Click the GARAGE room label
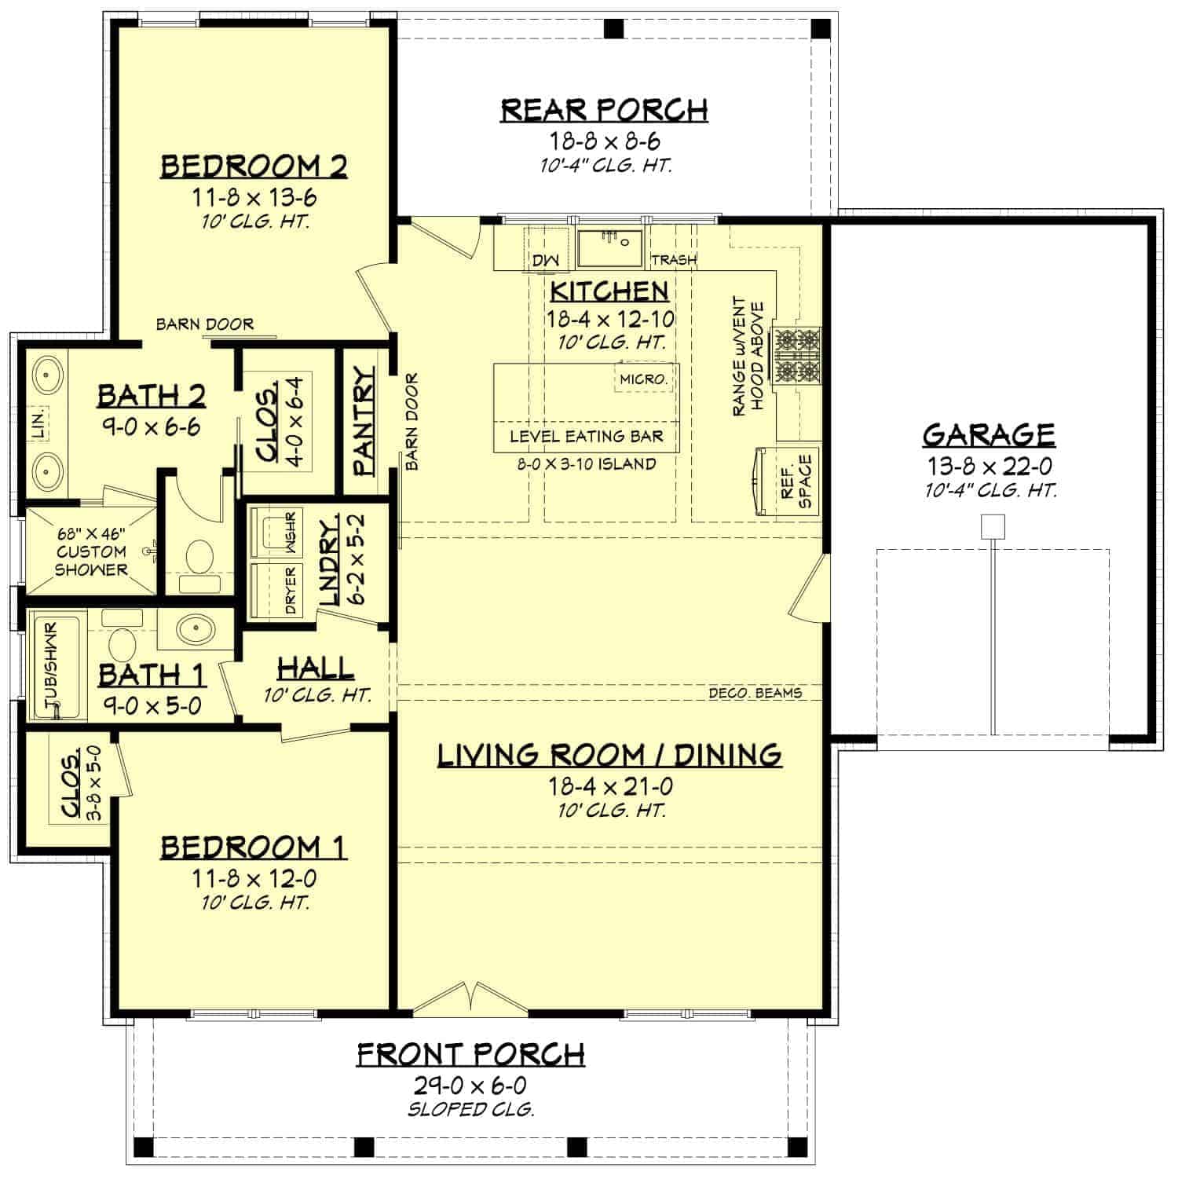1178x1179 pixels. click(x=988, y=435)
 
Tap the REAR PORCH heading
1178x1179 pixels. click(x=604, y=111)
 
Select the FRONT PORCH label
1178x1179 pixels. click(x=471, y=1054)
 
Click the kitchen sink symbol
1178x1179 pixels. click(x=610, y=248)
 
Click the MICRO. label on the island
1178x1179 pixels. click(x=644, y=379)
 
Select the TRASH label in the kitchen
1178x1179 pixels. click(x=674, y=260)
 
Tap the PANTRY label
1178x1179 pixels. click(x=364, y=422)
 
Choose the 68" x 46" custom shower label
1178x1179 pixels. click(x=91, y=551)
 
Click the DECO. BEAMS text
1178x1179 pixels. click(x=755, y=693)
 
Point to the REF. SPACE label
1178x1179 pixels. click(x=796, y=481)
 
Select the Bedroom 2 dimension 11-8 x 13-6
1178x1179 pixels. click(x=255, y=196)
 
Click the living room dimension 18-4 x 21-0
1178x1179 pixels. click(x=612, y=785)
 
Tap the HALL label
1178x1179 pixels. click(x=316, y=668)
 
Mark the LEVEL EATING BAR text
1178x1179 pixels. click(x=587, y=437)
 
